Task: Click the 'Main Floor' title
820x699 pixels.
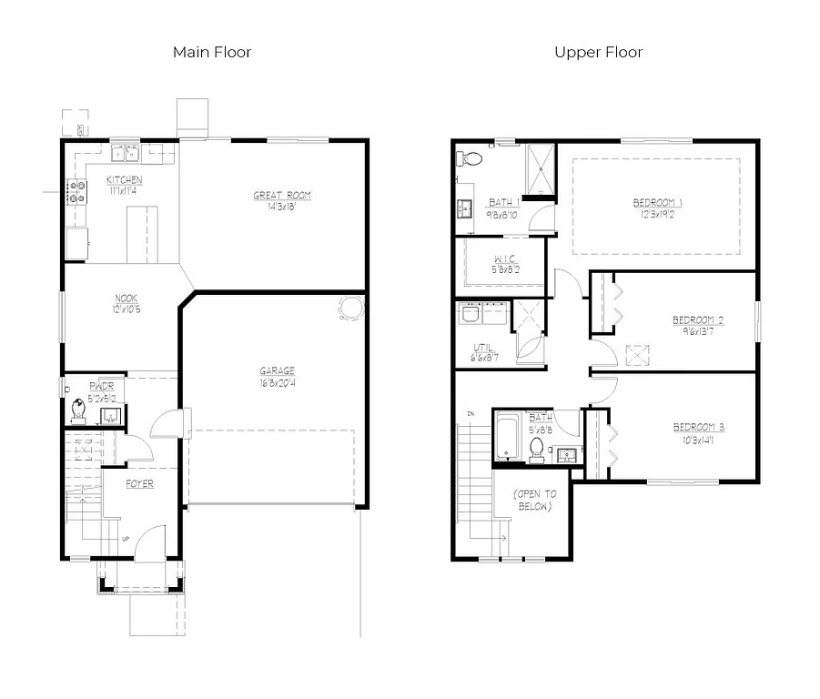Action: click(x=212, y=52)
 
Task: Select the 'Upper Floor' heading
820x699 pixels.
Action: click(x=598, y=52)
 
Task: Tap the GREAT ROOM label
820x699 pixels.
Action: click(x=281, y=195)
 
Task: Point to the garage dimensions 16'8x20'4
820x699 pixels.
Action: click(x=278, y=382)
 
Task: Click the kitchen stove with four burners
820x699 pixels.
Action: click(x=77, y=192)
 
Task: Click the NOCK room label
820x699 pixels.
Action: click(x=126, y=298)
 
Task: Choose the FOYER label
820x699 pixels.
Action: click(x=139, y=483)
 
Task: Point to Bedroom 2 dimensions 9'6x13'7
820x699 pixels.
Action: click(x=697, y=332)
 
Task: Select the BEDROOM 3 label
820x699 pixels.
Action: click(x=698, y=427)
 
